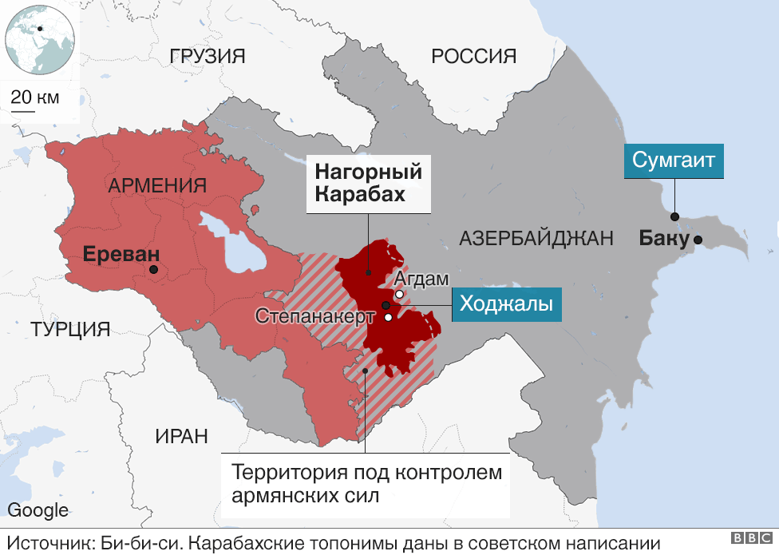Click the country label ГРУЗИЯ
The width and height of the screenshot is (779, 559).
208,56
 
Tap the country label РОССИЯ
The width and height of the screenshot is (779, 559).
473,56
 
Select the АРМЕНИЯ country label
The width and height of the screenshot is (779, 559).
157,186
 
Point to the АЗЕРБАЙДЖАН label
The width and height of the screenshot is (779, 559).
536,237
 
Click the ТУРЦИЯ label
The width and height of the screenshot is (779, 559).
70,329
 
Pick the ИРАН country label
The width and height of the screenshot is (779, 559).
181,436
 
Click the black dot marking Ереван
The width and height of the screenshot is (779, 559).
153,271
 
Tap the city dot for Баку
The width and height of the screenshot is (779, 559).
698,240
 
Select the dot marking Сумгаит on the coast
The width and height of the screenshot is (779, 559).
674,216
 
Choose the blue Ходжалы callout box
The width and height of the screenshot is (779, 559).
506,305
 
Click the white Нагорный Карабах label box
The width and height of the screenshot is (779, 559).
368,184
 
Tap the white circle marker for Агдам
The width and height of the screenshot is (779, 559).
399,295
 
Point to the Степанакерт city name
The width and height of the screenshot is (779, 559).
315,315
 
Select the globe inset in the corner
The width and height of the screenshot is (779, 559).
40,38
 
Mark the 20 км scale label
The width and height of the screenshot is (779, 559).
35,97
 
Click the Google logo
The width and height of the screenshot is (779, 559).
38,511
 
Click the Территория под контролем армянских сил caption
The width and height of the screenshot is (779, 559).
366,483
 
